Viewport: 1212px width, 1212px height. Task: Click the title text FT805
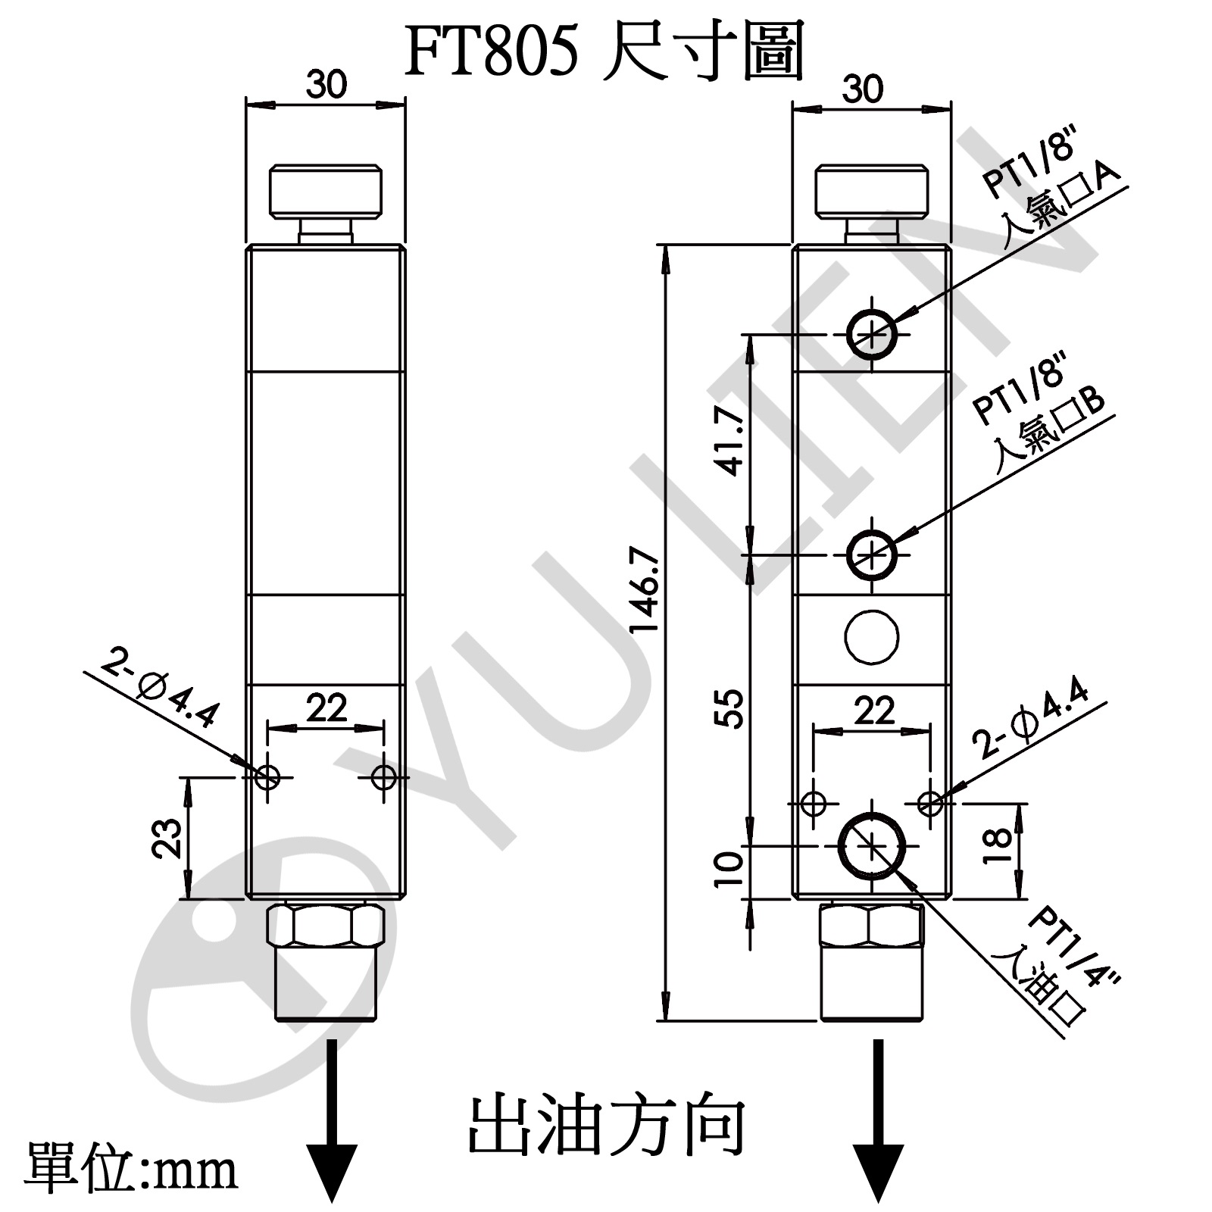pyautogui.click(x=492, y=52)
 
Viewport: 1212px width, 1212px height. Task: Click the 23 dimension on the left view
pyautogui.click(x=168, y=837)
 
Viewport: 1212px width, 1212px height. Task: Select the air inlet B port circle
pyautogui.click(x=872, y=554)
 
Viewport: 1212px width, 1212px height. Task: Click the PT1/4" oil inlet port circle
pyautogui.click(x=872, y=845)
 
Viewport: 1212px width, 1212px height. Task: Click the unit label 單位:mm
pyautogui.click(x=131, y=1169)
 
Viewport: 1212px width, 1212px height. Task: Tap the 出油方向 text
pyautogui.click(x=606, y=1126)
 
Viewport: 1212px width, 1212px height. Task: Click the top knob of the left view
pyautogui.click(x=326, y=189)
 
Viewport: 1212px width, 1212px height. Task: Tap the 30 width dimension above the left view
pyautogui.click(x=326, y=85)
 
